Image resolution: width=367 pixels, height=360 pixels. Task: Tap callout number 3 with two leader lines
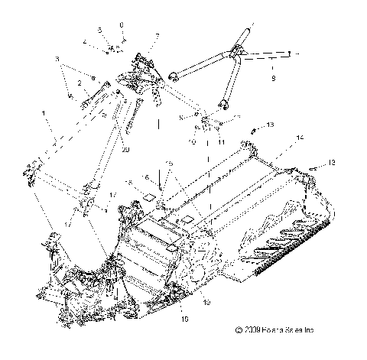tap(56, 58)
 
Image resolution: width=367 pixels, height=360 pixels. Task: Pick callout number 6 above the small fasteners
tap(122, 24)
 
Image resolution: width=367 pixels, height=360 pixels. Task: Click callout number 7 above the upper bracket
tap(156, 35)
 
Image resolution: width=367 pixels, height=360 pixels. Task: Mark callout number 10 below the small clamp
tap(192, 142)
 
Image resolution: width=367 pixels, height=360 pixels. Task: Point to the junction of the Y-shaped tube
tap(238, 54)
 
